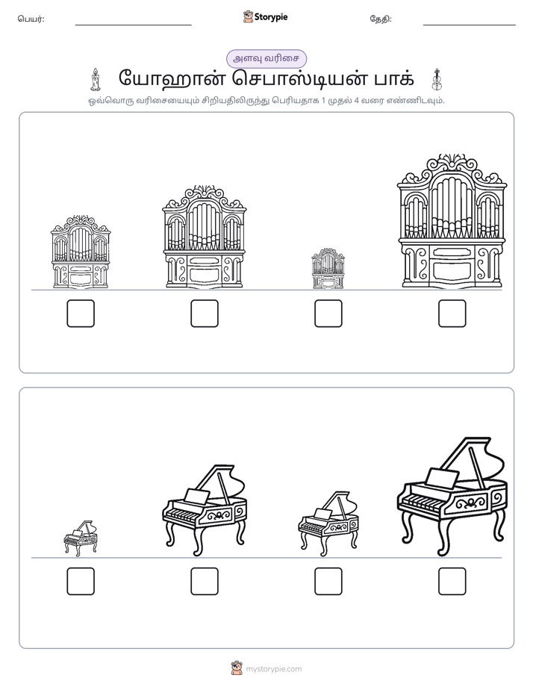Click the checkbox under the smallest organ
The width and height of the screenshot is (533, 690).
click(x=328, y=314)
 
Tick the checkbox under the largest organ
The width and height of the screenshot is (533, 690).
click(x=452, y=314)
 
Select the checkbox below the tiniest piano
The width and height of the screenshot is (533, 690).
click(x=81, y=581)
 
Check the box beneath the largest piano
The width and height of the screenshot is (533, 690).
click(x=452, y=581)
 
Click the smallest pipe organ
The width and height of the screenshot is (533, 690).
click(x=328, y=268)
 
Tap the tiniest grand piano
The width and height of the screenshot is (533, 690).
click(x=81, y=538)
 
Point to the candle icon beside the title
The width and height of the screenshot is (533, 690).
click(x=95, y=80)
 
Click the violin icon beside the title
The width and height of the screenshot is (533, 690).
click(x=437, y=80)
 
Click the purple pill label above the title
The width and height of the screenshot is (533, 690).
click(x=266, y=59)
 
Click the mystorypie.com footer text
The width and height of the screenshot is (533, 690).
click(x=273, y=669)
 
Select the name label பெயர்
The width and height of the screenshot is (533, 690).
click(x=31, y=19)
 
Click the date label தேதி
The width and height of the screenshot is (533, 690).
click(x=381, y=19)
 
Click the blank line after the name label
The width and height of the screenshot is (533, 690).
click(x=133, y=25)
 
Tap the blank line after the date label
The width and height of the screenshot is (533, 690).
click(x=470, y=25)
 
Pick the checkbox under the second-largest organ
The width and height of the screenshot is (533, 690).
click(x=205, y=314)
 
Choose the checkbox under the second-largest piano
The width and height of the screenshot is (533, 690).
click(x=205, y=581)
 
